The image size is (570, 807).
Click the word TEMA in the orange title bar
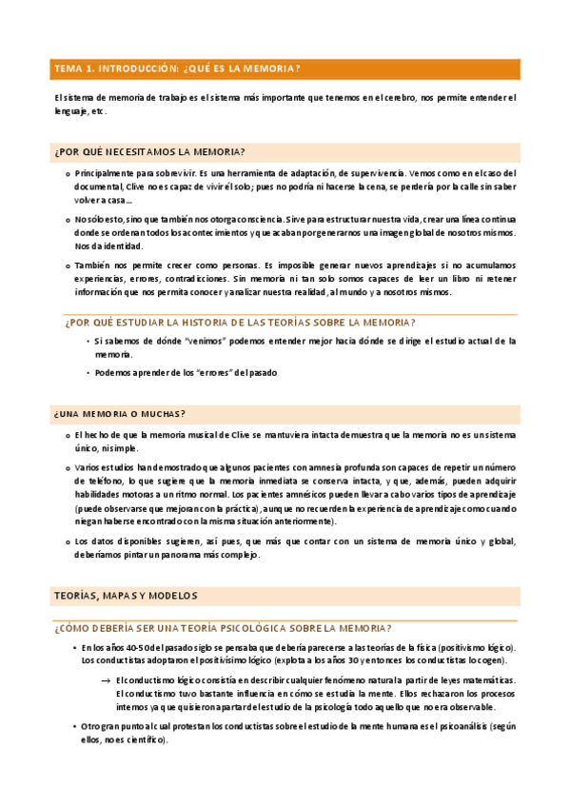tap(69, 69)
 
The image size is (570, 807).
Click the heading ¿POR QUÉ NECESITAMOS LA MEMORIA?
tap(149, 151)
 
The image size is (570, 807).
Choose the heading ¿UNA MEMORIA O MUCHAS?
tap(120, 413)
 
